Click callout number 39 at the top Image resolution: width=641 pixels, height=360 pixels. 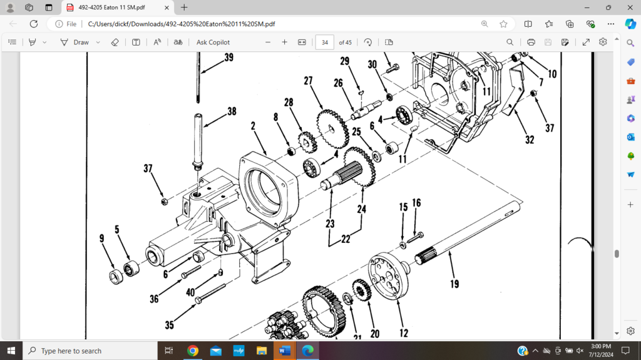pos(228,57)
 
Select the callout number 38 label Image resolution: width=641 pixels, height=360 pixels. pos(232,111)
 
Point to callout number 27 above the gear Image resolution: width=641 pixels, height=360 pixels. pos(308,81)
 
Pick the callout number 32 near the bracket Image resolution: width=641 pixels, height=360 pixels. pos(530,140)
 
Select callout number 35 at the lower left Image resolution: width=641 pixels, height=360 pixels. pos(169,325)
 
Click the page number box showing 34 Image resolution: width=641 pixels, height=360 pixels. pos(324,42)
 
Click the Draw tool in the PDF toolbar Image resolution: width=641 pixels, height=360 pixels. pos(75,42)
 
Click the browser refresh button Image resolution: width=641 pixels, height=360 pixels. pos(34,24)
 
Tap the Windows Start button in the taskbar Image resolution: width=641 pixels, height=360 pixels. pos(11,351)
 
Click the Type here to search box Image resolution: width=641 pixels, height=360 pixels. pos(88,351)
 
